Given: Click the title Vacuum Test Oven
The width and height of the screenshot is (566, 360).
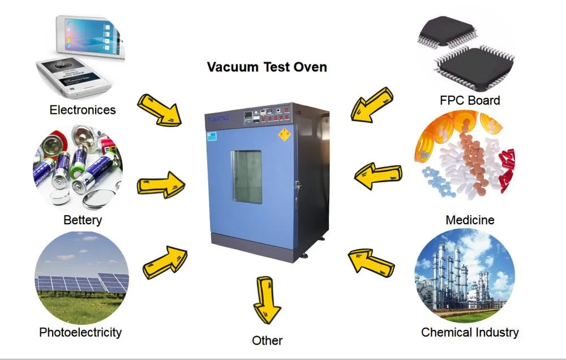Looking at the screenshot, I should [x=267, y=67].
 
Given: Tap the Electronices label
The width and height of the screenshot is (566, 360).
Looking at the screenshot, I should [x=83, y=110].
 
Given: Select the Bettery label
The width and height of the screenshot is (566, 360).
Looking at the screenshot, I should [x=83, y=220].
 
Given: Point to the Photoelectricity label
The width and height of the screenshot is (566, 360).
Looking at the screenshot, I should [x=80, y=332].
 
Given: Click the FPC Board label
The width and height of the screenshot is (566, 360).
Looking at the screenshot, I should [x=470, y=101].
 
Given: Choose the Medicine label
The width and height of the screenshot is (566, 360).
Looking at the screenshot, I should [x=470, y=220].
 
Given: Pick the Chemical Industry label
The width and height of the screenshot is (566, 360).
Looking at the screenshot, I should [x=470, y=332].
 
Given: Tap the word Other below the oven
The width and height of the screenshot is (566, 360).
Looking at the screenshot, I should [x=267, y=340].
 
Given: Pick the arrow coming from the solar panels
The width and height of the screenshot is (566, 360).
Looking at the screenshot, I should [x=165, y=262].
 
